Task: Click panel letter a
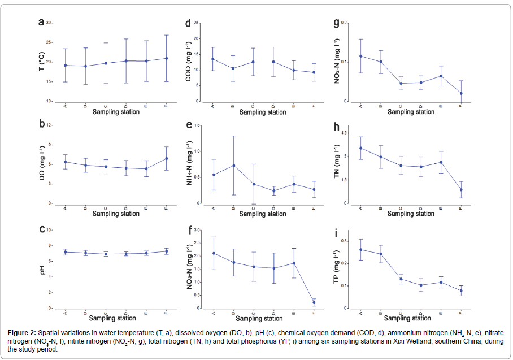coord(41,23)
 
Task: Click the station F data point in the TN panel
coord(461,190)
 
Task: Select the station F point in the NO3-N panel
coord(314,302)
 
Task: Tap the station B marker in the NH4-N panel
coord(233,166)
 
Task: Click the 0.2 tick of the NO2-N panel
coord(345,23)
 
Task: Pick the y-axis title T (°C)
coord(42,62)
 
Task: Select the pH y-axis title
coord(42,270)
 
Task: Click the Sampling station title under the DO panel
coord(116,214)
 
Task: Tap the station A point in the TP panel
coord(360,250)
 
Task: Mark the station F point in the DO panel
coord(166,159)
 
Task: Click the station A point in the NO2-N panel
coord(360,56)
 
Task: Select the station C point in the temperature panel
coord(106,63)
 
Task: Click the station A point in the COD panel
coord(213,59)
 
